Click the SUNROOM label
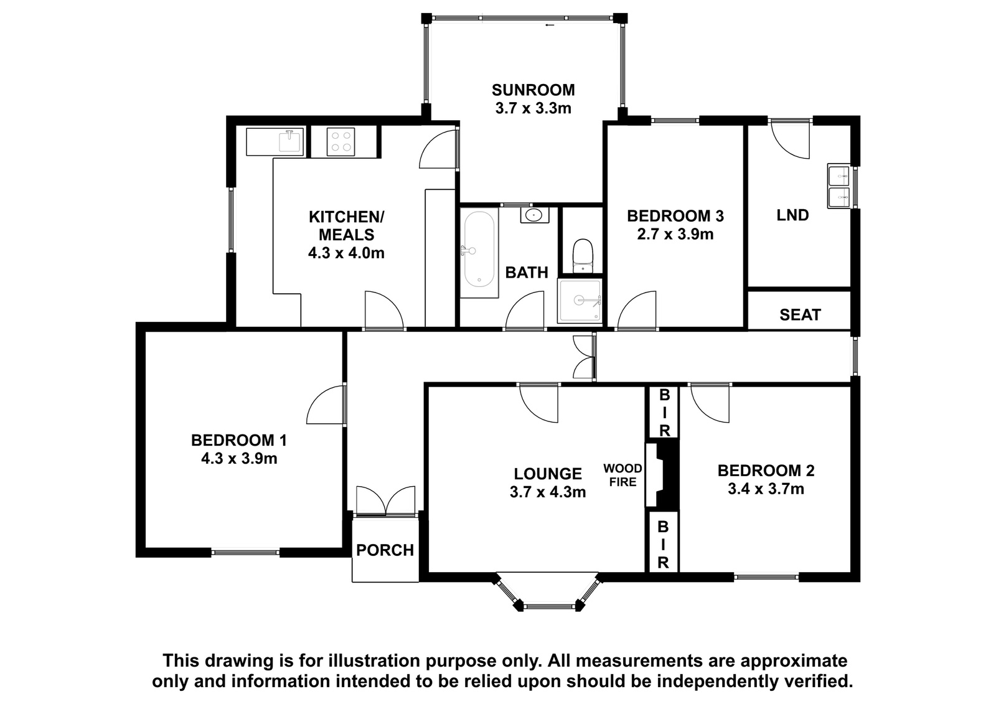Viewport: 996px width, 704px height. click(x=533, y=90)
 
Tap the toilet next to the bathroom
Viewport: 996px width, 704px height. click(x=583, y=255)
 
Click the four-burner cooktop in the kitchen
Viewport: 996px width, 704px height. click(x=341, y=142)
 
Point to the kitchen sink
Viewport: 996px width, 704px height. click(x=290, y=141)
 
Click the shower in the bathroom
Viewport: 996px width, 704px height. click(x=580, y=301)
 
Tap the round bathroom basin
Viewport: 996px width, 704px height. click(x=534, y=215)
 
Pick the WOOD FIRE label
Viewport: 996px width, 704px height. click(x=622, y=476)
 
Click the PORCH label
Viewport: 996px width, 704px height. click(x=385, y=551)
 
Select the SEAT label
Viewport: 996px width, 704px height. click(x=800, y=315)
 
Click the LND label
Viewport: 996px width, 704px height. click(x=793, y=215)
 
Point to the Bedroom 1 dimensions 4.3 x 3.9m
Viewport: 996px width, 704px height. click(x=239, y=459)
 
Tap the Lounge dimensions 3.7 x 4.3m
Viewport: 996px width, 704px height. click(x=548, y=492)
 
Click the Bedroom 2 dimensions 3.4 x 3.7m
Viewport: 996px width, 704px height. click(x=766, y=489)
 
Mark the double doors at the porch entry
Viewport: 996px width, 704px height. click(x=385, y=501)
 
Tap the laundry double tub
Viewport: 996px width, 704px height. click(x=839, y=186)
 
